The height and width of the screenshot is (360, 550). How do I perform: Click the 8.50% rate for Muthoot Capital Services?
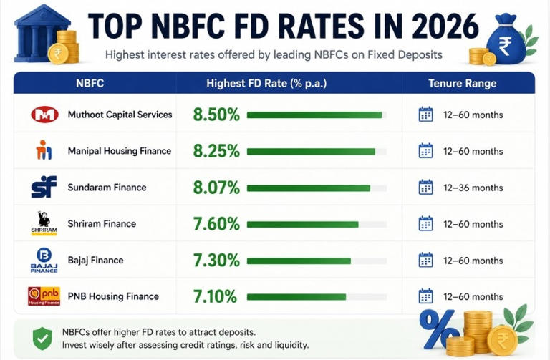pyautogui.click(x=216, y=115)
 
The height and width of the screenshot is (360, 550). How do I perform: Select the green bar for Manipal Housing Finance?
pyautogui.click(x=311, y=152)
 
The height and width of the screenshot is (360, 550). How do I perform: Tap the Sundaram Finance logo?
pyautogui.click(x=44, y=187)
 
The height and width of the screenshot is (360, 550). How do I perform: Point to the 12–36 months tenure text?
pyautogui.click(x=473, y=188)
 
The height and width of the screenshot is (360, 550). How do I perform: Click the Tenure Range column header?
pyautogui.click(x=463, y=84)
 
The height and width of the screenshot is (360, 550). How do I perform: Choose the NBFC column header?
pyautogui.click(x=90, y=84)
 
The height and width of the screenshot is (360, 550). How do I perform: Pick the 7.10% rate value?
pyautogui.click(x=215, y=296)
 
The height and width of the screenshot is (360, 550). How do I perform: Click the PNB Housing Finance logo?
pyautogui.click(x=44, y=296)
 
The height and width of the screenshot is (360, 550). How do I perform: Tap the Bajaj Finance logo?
pyautogui.click(x=44, y=260)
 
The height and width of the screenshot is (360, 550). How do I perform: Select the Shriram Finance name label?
pyautogui.click(x=102, y=223)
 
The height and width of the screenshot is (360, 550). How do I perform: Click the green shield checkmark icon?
pyautogui.click(x=42, y=339)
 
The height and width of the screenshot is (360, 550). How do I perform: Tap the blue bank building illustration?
pyautogui.click(x=42, y=34)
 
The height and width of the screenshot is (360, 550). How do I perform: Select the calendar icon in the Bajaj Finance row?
pyautogui.click(x=425, y=260)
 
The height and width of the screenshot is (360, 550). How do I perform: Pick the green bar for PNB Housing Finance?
pyautogui.click(x=296, y=297)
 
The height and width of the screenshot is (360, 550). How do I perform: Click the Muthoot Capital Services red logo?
pyautogui.click(x=44, y=115)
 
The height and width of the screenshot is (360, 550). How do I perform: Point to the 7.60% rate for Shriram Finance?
pyautogui.click(x=216, y=224)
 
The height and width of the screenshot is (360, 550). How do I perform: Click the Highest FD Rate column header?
pyautogui.click(x=266, y=84)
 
